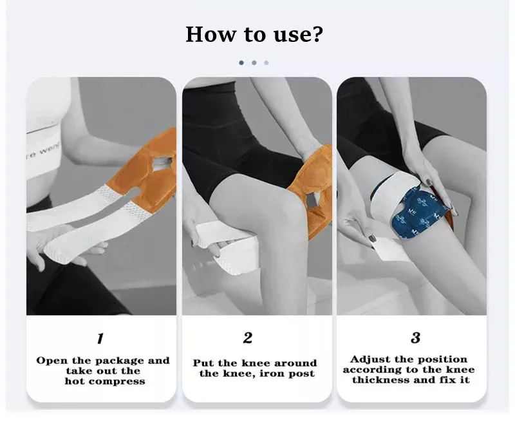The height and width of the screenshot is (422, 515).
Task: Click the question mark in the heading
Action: (317, 34)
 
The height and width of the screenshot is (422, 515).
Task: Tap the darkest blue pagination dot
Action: (241, 62)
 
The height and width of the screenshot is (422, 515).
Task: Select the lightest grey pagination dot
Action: (267, 62)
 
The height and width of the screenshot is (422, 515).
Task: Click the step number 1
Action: (100, 338)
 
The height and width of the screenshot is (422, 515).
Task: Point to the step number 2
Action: (248, 338)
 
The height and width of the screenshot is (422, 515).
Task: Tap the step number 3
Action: (415, 338)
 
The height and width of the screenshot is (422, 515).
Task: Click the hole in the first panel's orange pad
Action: (162, 163)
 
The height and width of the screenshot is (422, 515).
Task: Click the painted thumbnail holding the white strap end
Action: (372, 238)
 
